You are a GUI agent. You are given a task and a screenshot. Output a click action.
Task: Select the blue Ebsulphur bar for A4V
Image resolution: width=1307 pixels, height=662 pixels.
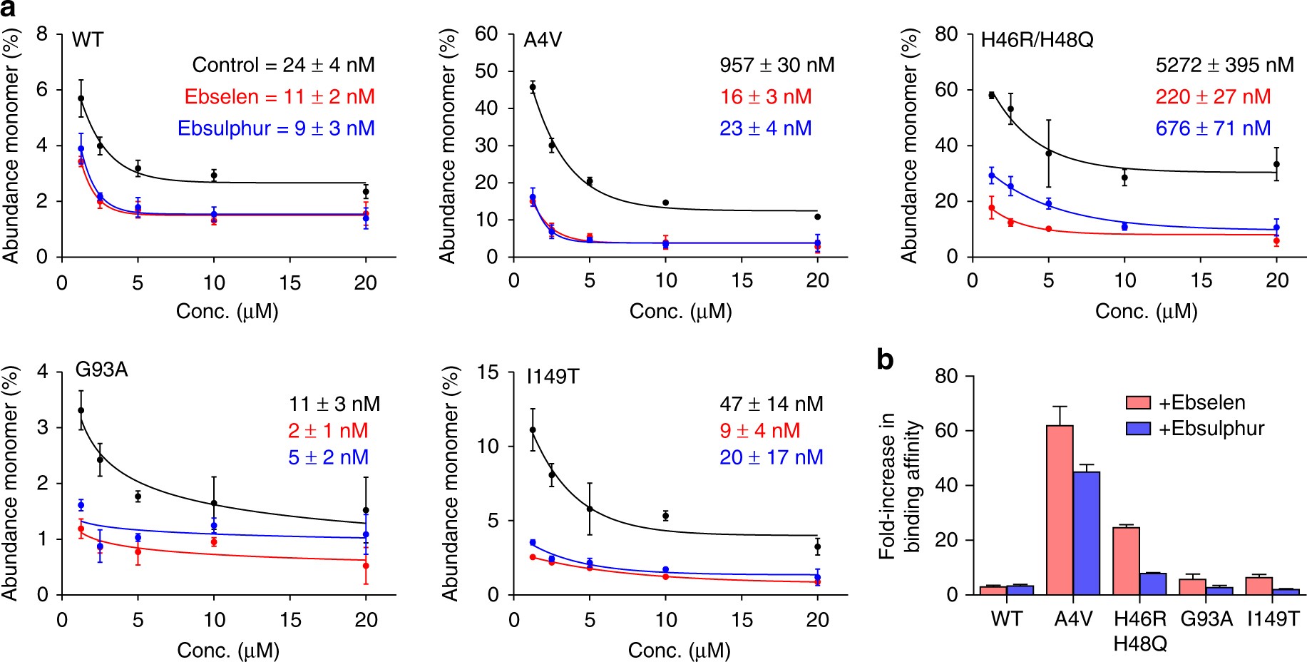pyautogui.click(x=1086, y=533)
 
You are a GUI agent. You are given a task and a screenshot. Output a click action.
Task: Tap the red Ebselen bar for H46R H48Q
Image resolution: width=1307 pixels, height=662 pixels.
pyautogui.click(x=1126, y=561)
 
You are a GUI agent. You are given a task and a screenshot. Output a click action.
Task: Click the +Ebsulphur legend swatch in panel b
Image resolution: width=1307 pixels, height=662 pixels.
pyautogui.click(x=1138, y=429)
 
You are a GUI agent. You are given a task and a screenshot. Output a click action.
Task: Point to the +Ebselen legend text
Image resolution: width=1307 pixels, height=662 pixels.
pyautogui.click(x=1201, y=403)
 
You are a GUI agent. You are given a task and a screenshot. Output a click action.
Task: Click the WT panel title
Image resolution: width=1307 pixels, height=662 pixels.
pyautogui.click(x=88, y=40)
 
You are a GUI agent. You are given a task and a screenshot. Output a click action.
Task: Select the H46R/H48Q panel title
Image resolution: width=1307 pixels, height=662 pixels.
pyautogui.click(x=1037, y=40)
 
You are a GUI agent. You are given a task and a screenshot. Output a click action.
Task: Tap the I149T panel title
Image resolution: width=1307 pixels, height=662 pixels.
pyautogui.click(x=553, y=376)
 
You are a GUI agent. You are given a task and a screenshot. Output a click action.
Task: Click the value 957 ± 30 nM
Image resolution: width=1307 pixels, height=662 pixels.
pyautogui.click(x=776, y=66)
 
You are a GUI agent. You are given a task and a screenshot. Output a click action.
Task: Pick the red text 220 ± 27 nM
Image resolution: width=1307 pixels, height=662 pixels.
pyautogui.click(x=1213, y=97)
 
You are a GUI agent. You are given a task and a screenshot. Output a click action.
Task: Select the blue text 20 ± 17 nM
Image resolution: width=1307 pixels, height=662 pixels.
pyautogui.click(x=771, y=457)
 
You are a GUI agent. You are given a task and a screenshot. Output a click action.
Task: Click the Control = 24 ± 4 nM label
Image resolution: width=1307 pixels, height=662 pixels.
pyautogui.click(x=283, y=66)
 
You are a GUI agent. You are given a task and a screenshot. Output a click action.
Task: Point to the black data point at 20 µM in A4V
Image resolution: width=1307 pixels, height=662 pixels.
pyautogui.click(x=818, y=217)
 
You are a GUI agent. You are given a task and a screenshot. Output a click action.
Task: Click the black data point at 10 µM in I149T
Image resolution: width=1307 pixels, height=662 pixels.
pyautogui.click(x=665, y=516)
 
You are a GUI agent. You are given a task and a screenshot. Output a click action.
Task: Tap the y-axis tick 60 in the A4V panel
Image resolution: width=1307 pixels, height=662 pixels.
pyautogui.click(x=486, y=34)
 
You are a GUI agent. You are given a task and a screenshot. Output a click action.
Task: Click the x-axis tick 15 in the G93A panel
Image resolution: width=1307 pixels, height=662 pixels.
pyautogui.click(x=290, y=620)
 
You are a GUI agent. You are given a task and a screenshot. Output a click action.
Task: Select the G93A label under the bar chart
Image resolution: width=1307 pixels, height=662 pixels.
pyautogui.click(x=1206, y=619)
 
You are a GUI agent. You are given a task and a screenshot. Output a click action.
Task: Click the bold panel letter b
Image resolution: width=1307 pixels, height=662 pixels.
pyautogui.click(x=885, y=360)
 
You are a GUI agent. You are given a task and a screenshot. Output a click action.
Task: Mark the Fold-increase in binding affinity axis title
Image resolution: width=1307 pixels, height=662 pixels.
pyautogui.click(x=899, y=485)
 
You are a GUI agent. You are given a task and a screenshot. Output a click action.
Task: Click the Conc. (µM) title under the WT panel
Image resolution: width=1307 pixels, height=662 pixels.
pyautogui.click(x=227, y=312)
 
